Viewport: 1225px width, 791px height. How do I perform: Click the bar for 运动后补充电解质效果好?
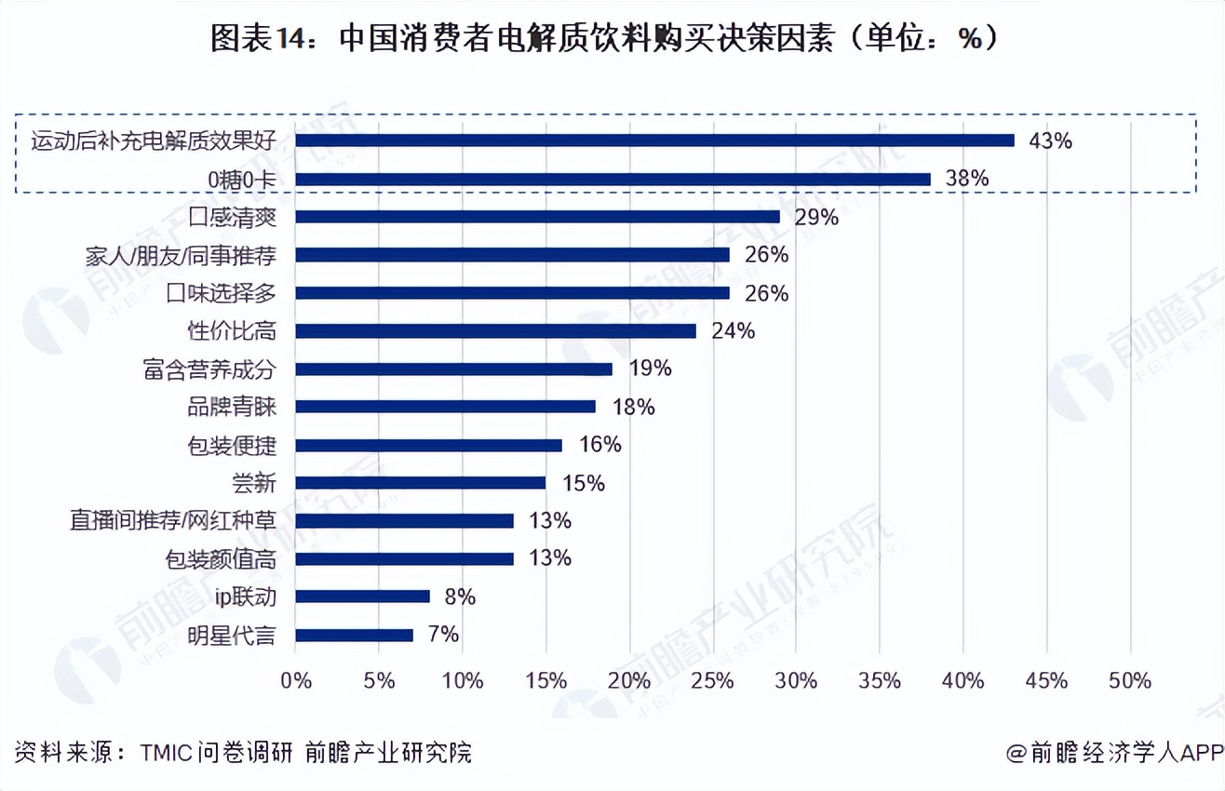point(654,141)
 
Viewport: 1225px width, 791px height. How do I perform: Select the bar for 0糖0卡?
point(612,179)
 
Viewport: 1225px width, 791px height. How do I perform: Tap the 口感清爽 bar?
point(537,217)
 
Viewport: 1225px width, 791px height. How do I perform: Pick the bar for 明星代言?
point(354,636)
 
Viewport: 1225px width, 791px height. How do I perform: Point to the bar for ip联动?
point(362,597)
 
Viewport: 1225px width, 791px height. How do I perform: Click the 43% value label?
point(1050,141)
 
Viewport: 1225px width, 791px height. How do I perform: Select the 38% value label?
point(966,179)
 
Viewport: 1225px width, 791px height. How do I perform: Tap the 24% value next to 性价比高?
point(733,331)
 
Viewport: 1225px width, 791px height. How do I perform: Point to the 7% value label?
point(443,635)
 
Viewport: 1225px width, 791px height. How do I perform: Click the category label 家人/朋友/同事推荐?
point(181,256)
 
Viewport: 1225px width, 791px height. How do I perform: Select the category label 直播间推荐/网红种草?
point(173,521)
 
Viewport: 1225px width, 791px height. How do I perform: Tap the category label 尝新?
point(253,483)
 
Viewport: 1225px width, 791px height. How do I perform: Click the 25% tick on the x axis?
point(712,680)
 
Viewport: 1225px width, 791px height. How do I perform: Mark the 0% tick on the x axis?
point(296,680)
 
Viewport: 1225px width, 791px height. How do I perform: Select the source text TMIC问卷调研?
point(218,752)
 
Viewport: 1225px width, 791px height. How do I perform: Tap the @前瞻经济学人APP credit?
point(1113,752)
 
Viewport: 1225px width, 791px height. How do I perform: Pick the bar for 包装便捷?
point(428,445)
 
